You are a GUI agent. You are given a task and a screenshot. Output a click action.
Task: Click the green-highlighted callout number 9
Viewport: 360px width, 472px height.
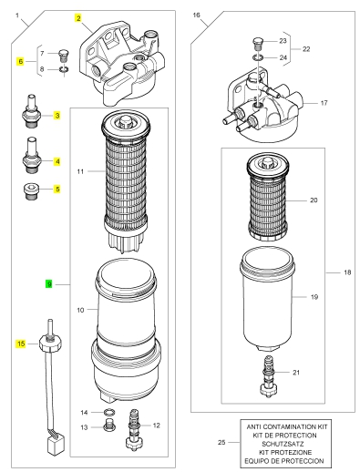coord(48,284)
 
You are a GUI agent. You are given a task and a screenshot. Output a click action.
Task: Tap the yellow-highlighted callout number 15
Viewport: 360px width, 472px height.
coord(21,344)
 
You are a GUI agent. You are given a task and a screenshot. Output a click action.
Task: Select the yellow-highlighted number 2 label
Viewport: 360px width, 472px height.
coord(78,18)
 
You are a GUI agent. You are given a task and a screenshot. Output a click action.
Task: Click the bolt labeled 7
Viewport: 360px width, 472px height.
coord(63,55)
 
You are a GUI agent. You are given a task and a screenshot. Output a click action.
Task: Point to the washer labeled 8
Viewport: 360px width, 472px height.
coord(64,69)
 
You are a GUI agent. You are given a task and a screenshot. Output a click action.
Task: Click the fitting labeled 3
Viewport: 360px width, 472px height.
coord(31,111)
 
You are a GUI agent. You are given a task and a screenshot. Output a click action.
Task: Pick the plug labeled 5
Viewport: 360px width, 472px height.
coord(31,191)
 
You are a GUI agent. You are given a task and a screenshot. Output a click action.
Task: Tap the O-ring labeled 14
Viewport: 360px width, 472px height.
coord(109,412)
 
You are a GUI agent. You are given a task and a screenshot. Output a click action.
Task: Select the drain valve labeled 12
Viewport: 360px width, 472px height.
coord(134,429)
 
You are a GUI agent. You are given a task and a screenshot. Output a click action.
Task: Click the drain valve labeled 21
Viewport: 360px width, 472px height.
coord(269,376)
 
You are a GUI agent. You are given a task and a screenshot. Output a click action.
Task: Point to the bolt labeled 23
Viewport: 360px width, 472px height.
coord(258,44)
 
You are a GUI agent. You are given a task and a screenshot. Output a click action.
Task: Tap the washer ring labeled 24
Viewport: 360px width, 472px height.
coord(258,57)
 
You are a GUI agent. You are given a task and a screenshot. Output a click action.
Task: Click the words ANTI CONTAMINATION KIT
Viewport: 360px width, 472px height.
coord(287,426)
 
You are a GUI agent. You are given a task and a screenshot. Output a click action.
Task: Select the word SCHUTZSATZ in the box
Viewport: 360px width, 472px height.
coord(283,444)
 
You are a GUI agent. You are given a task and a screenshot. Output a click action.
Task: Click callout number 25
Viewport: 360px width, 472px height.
coord(221,442)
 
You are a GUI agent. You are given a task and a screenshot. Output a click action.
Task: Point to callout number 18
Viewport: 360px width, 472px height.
coord(347,272)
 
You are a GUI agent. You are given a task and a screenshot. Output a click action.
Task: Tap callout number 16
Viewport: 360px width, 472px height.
coord(196,15)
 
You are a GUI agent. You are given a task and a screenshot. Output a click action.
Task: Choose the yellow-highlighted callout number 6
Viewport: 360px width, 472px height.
coord(20,61)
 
